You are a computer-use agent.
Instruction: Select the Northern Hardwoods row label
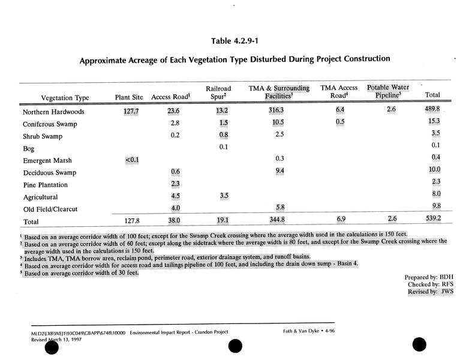[53, 112]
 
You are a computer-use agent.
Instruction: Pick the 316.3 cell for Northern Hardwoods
[279, 111]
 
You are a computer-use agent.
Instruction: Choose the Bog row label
[29, 149]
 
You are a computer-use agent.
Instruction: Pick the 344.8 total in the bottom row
[279, 220]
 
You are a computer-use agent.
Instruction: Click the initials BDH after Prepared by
[445, 277]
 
